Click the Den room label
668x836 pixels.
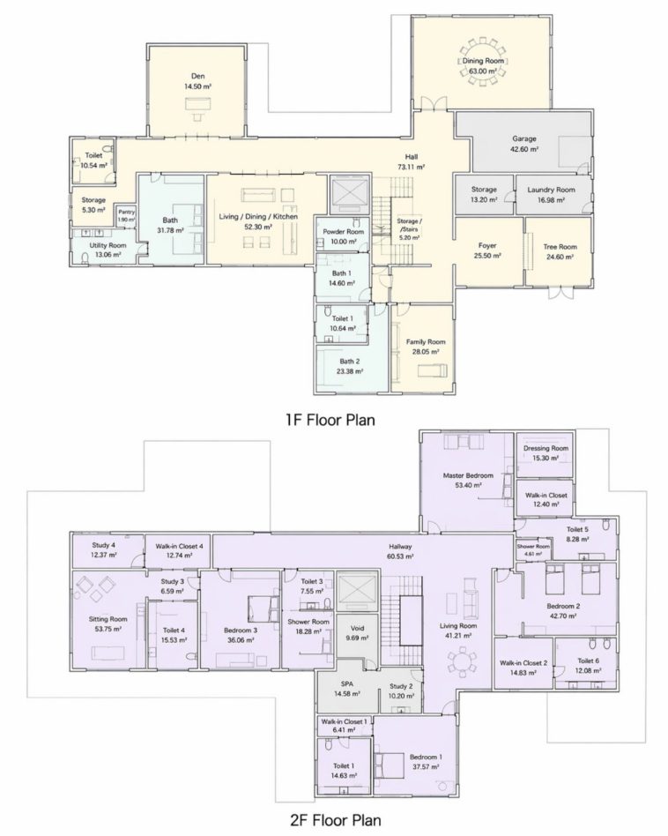click(x=197, y=76)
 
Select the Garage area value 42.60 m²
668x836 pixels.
click(x=524, y=149)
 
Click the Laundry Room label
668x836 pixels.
click(x=551, y=190)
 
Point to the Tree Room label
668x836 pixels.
click(x=560, y=247)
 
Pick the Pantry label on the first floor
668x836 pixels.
click(x=127, y=213)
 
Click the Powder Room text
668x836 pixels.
click(x=344, y=232)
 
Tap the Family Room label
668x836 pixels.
click(x=426, y=342)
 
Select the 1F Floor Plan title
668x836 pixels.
click(x=330, y=420)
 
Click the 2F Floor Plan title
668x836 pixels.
click(x=336, y=819)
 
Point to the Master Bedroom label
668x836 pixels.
click(x=468, y=475)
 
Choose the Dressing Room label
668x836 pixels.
click(x=546, y=448)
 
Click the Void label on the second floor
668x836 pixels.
click(x=358, y=629)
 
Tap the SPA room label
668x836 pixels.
click(x=347, y=684)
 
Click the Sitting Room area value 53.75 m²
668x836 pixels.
click(x=108, y=629)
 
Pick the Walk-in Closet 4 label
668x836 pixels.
click(x=179, y=547)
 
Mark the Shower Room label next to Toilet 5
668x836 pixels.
click(x=533, y=547)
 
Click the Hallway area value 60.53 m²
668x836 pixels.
click(x=400, y=556)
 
